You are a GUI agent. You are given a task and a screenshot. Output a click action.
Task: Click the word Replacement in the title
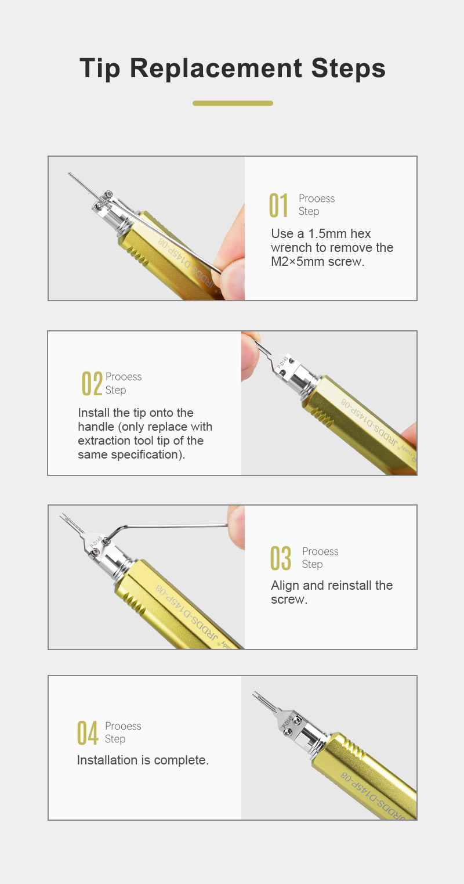(216, 68)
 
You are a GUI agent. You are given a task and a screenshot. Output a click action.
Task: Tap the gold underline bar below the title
(233, 103)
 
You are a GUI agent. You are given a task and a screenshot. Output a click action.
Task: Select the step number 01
(279, 205)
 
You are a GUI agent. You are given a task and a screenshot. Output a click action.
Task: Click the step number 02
(92, 383)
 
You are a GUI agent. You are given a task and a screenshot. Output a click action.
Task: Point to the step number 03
(281, 558)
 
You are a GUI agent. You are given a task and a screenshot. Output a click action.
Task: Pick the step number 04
(88, 733)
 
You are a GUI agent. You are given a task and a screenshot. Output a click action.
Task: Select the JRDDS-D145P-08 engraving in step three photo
(186, 612)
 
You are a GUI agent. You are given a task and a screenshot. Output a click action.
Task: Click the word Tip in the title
(100, 68)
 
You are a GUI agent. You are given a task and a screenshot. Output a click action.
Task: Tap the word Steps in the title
(348, 68)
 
